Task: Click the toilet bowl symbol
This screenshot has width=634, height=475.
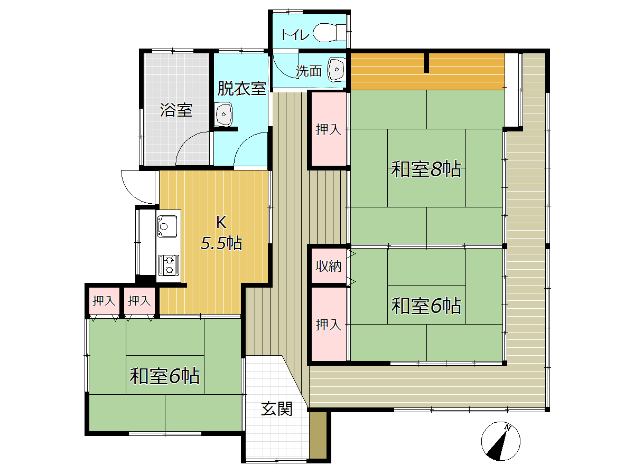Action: pos(329,33)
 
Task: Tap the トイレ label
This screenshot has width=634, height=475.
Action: pos(295,35)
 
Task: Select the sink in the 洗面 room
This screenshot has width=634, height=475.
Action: pos(336,70)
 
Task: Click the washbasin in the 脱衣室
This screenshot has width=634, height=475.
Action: pos(223,114)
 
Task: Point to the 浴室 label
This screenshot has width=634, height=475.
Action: pos(176,110)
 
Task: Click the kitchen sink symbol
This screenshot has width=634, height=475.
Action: pos(167,226)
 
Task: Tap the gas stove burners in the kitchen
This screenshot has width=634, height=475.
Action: pos(169,265)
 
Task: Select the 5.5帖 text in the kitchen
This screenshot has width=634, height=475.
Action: pos(221,243)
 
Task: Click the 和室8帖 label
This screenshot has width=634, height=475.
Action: pos(426,169)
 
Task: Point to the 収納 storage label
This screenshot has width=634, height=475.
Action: pos(329,266)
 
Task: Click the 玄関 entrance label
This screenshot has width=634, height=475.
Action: pos(277,408)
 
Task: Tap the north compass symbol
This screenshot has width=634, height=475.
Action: pos(500,441)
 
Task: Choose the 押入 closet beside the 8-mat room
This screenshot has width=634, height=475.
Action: pos(329,129)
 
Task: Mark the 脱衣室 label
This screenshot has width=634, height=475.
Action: pos(242,88)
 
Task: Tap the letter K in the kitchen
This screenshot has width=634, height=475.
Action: pos(221,223)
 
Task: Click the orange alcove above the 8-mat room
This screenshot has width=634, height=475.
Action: pos(427,71)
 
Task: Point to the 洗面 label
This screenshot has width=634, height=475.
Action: pos(309,71)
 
